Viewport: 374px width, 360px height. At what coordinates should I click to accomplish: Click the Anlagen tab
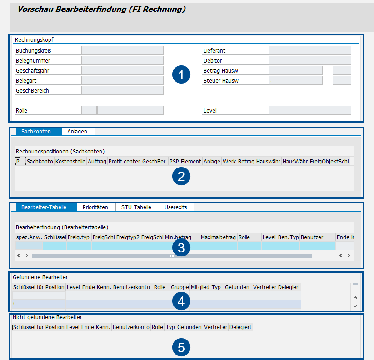(x=77, y=131)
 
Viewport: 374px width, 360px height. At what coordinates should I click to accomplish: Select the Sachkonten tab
(x=36, y=131)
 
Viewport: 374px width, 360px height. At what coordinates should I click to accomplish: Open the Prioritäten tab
(x=95, y=207)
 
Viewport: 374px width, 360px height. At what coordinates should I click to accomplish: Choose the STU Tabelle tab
(x=136, y=207)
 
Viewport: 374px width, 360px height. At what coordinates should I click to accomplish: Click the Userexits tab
(x=176, y=207)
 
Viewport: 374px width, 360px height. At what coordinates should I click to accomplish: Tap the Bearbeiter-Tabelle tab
(x=44, y=207)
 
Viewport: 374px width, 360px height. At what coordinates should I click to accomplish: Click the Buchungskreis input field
(x=122, y=50)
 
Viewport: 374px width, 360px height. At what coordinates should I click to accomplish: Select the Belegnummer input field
(x=122, y=60)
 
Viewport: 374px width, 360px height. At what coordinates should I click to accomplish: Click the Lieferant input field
(x=310, y=50)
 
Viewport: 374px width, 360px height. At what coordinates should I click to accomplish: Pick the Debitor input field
(x=310, y=60)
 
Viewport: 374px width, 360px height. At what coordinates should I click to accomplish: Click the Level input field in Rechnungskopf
(x=310, y=110)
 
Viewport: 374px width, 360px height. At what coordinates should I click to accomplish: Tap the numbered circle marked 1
(x=181, y=75)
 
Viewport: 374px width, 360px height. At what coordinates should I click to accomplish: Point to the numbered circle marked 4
(x=181, y=301)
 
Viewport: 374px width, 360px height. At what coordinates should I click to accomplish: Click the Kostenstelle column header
(x=70, y=161)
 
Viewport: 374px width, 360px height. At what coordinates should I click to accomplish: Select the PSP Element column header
(x=185, y=161)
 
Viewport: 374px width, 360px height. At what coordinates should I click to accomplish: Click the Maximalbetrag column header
(x=218, y=237)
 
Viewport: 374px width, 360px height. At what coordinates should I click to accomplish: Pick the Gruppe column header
(x=180, y=287)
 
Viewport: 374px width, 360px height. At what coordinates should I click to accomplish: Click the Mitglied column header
(x=200, y=287)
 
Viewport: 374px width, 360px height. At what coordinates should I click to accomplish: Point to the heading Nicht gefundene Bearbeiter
(x=47, y=317)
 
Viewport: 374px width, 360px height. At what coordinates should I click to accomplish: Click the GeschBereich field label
(x=32, y=90)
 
